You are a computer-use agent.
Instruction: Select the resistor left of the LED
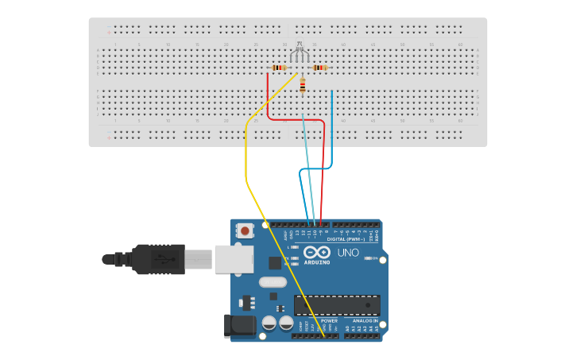pos(278,68)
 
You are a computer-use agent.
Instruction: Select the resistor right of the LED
pos(319,68)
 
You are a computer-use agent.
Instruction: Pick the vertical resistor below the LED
pos(303,87)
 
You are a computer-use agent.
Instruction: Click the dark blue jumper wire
pos(332,135)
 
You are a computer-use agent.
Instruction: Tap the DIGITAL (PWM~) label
pos(346,239)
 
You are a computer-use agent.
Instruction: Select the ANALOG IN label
pos(365,321)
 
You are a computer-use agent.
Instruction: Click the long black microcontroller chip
pos(337,305)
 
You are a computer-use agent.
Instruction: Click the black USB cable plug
pos(159,258)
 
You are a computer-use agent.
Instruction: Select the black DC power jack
pos(242,324)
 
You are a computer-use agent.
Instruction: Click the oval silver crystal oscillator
pos(273,281)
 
